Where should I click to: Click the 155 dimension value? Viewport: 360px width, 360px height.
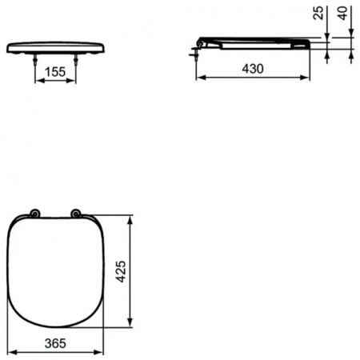[54, 71]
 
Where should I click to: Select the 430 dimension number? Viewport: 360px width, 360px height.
[253, 70]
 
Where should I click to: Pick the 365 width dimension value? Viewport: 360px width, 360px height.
[54, 343]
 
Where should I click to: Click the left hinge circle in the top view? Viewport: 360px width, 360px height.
[34, 214]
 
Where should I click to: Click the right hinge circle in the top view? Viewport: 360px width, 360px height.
[76, 214]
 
